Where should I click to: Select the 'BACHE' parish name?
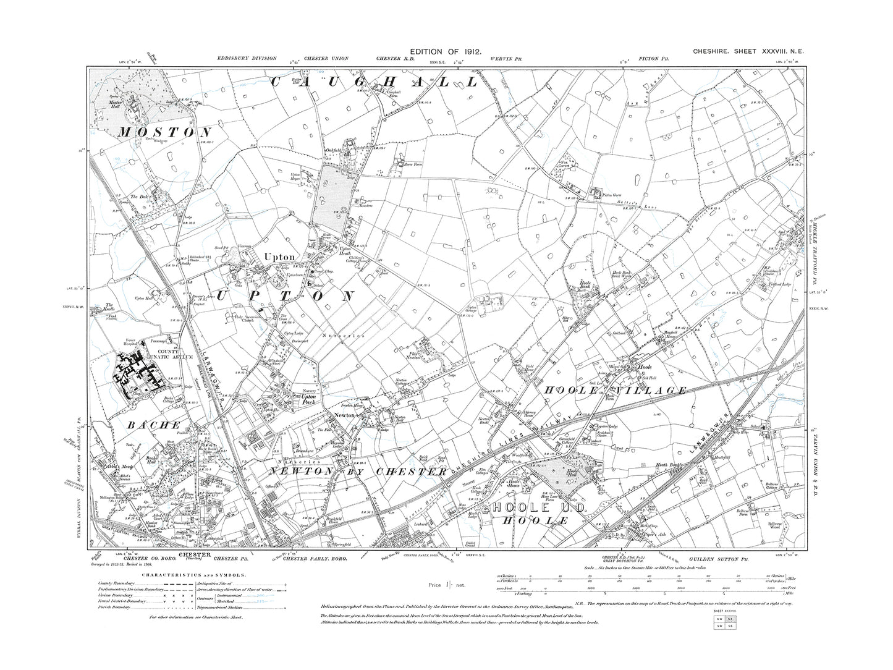(154, 425)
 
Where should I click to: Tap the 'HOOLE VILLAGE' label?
(615, 390)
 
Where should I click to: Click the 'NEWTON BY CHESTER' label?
(357, 472)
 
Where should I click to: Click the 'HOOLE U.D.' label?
(533, 507)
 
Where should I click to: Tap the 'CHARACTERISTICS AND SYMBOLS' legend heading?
(172, 574)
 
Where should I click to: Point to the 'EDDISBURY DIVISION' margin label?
(242, 59)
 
